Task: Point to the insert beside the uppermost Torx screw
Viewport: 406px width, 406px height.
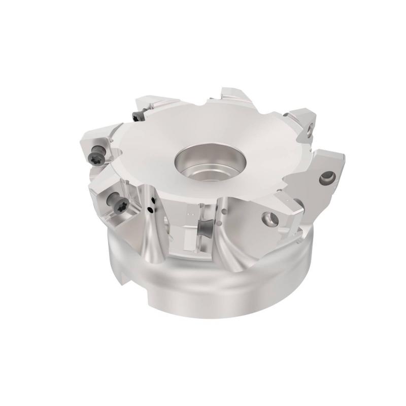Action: [x=152, y=107]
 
